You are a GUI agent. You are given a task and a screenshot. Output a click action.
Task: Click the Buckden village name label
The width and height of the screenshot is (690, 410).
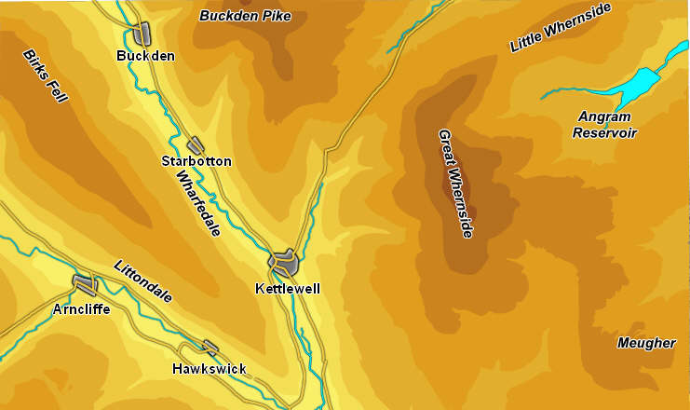click(x=145, y=56)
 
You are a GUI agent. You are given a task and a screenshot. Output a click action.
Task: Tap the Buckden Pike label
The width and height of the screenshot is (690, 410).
click(x=245, y=16)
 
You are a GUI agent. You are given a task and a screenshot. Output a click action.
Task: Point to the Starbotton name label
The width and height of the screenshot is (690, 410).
click(x=196, y=161)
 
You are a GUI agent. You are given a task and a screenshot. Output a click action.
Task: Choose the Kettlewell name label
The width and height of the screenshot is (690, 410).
click(x=287, y=289)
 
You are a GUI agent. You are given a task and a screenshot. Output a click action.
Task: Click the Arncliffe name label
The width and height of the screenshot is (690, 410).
click(x=81, y=308)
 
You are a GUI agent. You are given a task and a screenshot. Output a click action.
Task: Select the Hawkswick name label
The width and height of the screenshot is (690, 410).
click(x=210, y=369)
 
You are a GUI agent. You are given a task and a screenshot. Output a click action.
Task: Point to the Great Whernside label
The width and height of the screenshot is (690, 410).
click(x=455, y=184)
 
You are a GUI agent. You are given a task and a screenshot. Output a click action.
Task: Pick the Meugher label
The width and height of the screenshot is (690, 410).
click(x=646, y=343)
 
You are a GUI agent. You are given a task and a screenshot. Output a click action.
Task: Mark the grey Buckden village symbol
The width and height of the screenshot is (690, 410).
click(x=142, y=34)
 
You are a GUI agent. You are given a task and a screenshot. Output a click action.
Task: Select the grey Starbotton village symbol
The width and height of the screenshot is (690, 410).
click(x=196, y=145)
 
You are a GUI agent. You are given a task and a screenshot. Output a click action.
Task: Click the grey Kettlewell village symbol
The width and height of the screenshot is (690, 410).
click(x=286, y=262)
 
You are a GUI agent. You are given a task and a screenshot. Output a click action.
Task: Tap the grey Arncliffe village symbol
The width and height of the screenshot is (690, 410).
click(x=84, y=284)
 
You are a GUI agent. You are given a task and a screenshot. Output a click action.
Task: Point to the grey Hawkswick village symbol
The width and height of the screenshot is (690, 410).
click(x=211, y=348)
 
